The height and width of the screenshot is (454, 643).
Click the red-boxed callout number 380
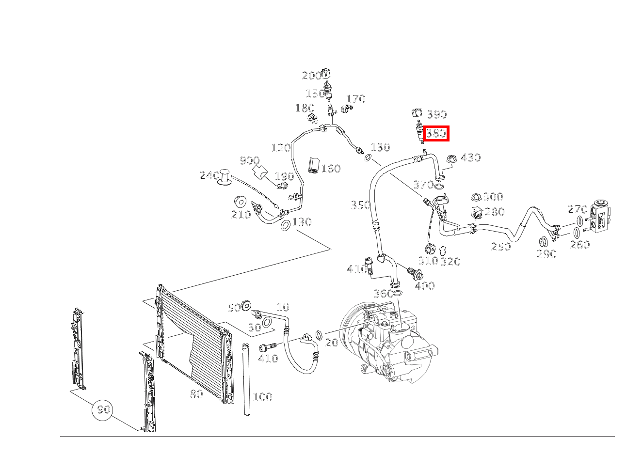(436, 133)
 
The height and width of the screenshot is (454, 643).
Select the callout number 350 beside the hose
(360, 205)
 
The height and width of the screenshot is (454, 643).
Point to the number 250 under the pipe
(500, 247)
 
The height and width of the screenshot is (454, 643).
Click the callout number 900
(249, 161)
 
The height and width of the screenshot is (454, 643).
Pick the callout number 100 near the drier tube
(262, 397)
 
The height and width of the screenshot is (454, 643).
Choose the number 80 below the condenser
(196, 394)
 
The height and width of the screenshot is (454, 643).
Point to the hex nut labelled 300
(476, 197)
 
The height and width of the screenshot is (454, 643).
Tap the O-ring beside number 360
(397, 293)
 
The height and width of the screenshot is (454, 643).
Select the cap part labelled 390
(417, 114)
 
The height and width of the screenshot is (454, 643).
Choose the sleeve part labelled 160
(313, 165)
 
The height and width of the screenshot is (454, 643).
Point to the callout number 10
(283, 307)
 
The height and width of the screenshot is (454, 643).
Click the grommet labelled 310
(429, 250)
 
